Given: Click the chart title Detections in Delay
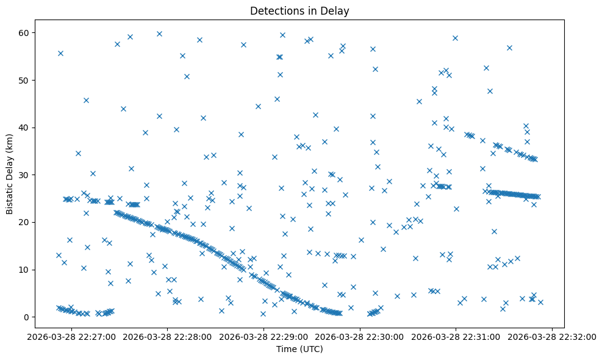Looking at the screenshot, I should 299,11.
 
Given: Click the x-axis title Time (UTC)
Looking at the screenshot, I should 299,349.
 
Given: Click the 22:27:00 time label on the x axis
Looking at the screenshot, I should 73,336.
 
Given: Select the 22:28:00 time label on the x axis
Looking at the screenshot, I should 168,336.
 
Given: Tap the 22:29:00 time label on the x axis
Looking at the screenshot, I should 264,336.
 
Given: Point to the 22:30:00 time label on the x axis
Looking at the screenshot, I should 360,336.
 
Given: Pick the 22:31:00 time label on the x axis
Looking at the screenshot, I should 455,336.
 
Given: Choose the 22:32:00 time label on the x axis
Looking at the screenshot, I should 551,336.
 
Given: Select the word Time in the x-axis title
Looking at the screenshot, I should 287,349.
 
